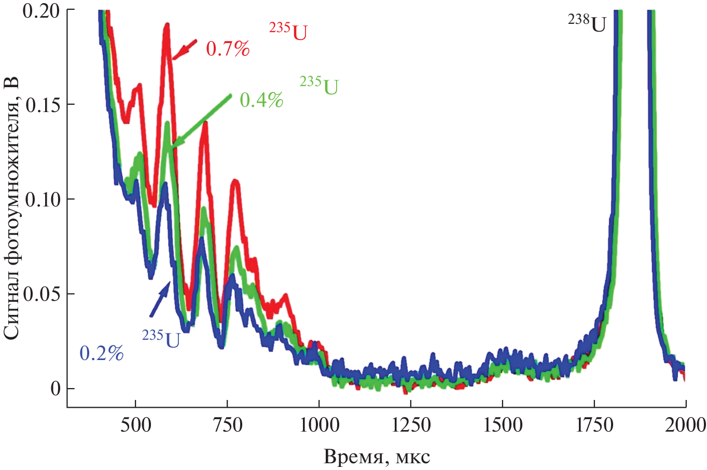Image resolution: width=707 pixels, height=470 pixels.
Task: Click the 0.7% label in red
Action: [228, 49]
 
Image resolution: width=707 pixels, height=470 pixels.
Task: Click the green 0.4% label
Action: [261, 100]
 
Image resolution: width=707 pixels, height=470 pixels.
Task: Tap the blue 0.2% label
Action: [102, 353]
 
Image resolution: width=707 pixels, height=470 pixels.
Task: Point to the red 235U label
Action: [288, 32]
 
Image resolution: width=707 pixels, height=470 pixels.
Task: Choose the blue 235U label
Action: [161, 338]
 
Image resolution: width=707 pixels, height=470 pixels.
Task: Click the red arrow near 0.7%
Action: [185, 48]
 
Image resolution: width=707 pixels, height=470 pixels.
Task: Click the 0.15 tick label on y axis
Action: [42, 104]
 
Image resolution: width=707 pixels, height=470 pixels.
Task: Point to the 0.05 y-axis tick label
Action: [42, 294]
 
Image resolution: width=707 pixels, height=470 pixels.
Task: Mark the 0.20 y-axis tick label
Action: [42, 10]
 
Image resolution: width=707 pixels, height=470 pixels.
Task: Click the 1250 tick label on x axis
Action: [411, 425]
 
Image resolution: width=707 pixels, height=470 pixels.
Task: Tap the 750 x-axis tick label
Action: [227, 425]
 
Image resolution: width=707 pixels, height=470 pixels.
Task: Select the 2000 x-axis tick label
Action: [686, 425]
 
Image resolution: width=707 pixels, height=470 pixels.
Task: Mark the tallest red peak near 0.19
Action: [167, 25]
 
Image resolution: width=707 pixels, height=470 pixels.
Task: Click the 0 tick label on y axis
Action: [56, 389]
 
